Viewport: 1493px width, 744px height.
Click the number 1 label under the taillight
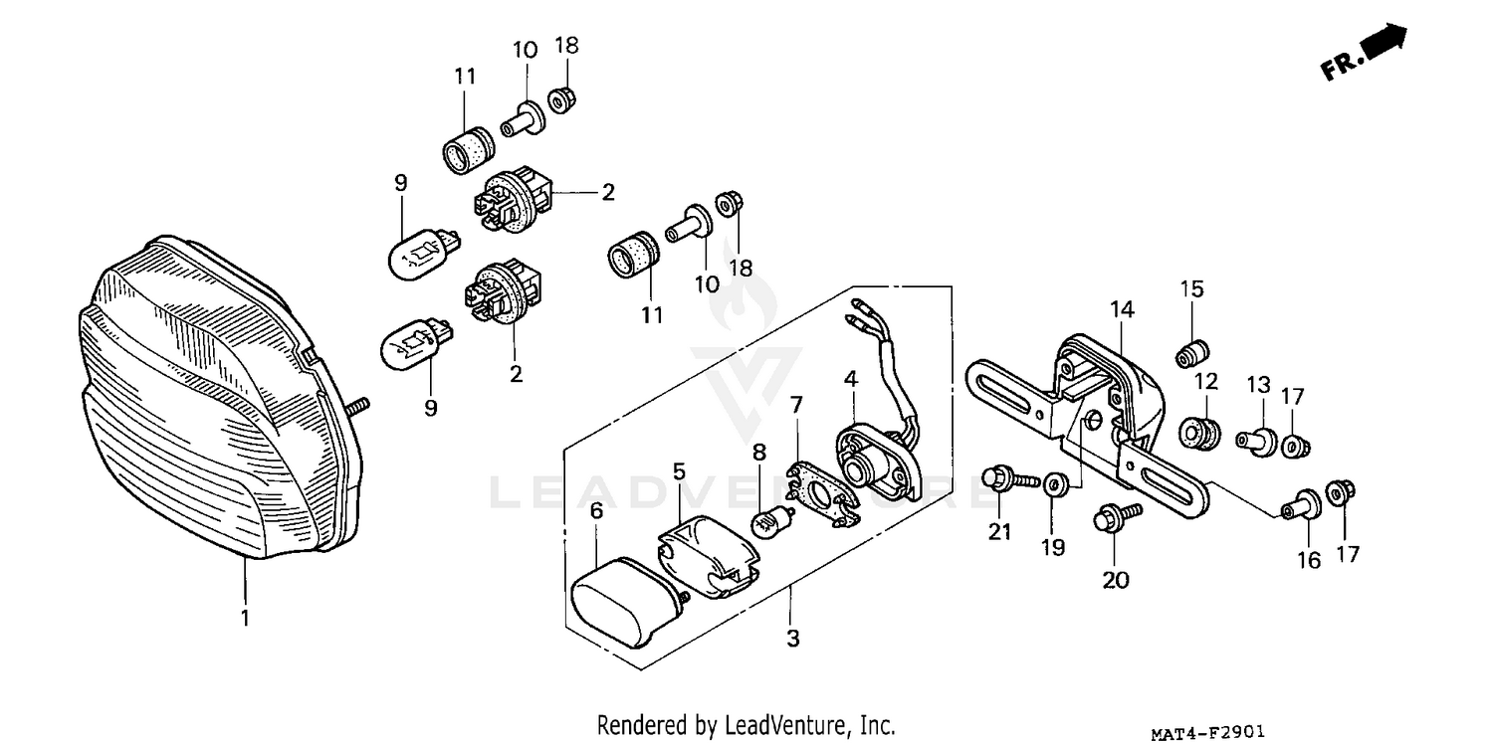244,619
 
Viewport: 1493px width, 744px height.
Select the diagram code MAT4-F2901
1208,734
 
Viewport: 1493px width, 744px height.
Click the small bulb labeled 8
775,521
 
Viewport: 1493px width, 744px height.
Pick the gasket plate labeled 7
822,493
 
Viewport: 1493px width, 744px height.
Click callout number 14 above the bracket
1122,310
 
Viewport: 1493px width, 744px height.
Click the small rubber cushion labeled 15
1191,354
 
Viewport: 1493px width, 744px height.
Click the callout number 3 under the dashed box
792,639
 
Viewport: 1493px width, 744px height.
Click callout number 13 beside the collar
1258,384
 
